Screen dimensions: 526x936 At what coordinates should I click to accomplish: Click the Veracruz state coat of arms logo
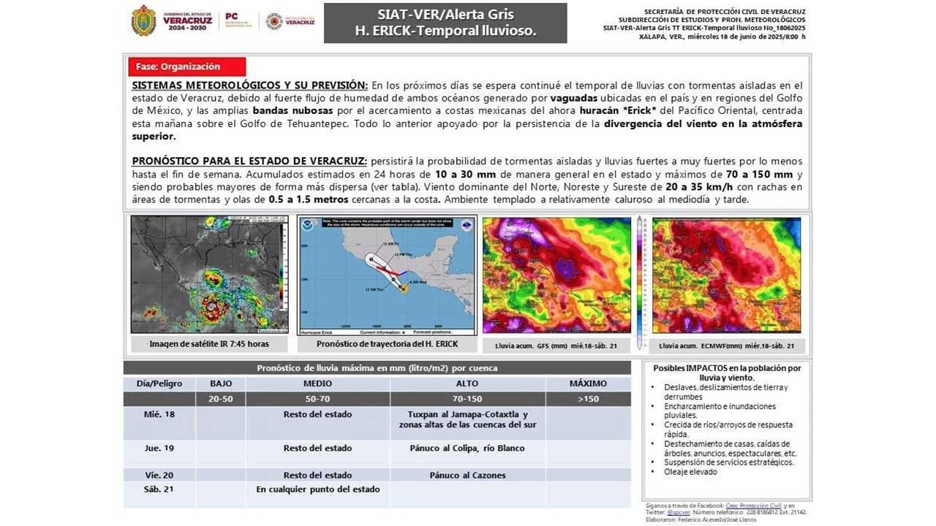click(143, 20)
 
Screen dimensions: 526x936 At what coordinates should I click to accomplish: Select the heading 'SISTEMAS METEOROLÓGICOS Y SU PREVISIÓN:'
click(249, 85)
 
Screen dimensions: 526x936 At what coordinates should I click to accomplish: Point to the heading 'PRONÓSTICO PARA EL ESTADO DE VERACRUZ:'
click(250, 161)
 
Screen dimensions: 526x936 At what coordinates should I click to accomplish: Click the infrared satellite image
click(209, 275)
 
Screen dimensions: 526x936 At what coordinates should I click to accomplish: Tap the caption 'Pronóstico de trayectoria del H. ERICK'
click(387, 344)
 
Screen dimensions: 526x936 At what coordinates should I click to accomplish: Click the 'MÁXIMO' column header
click(588, 384)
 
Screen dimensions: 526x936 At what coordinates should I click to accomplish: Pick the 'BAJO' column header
click(220, 384)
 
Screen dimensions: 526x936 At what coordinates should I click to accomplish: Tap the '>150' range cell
click(588, 399)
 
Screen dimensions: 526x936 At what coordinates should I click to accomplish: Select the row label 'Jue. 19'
click(159, 448)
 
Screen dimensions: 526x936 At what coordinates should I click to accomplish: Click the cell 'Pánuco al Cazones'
click(467, 475)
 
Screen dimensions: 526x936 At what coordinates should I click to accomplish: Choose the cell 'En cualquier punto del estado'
click(318, 489)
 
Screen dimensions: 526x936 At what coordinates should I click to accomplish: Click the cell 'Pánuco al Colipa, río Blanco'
click(467, 448)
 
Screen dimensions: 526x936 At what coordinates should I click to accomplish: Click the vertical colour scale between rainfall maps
click(641, 281)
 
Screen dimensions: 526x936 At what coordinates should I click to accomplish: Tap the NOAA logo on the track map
click(307, 225)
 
